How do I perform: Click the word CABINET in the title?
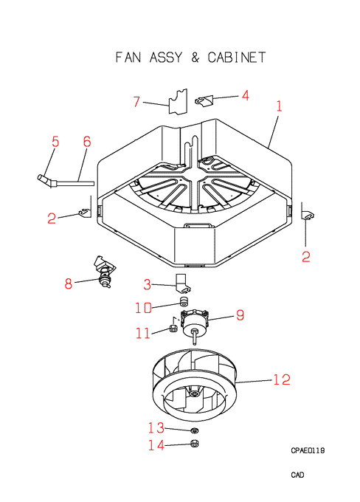coord(237,58)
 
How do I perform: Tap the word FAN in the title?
coord(128,58)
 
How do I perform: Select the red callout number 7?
coord(136,101)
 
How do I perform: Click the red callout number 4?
coord(246,95)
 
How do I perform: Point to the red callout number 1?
coord(279,106)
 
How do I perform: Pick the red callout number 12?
coord(282,379)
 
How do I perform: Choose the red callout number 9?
coord(240,315)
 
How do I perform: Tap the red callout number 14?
coord(156,444)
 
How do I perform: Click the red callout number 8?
coord(69,283)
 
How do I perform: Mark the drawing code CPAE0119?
coord(308,450)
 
